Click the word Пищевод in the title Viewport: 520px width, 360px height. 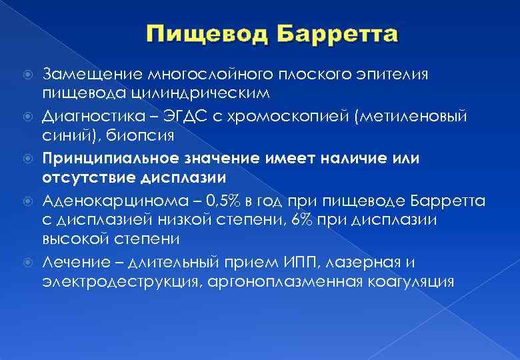[199, 33]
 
